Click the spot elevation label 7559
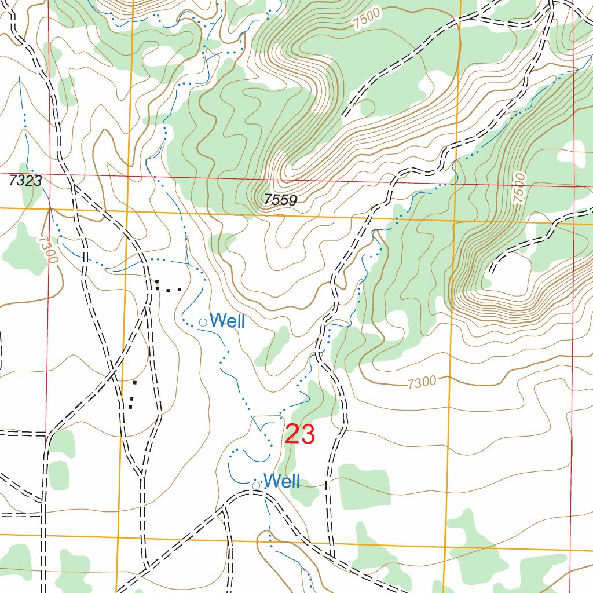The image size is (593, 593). coord(280,200)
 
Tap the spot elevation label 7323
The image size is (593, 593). coord(25,181)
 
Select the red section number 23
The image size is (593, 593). coord(300,435)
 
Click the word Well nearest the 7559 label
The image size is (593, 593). coord(227,321)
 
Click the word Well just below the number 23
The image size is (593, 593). coord(281,481)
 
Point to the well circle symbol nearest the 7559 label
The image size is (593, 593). coord(203,322)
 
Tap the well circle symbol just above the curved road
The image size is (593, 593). coord(256,485)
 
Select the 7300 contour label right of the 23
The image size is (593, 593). coord(421,383)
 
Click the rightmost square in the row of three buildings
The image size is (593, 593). coord(180,289)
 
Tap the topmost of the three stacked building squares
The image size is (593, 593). coord(135,382)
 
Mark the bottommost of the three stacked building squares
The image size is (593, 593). coord(130,407)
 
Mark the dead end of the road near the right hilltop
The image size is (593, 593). coord(491,272)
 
